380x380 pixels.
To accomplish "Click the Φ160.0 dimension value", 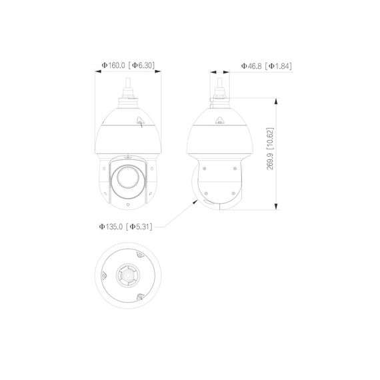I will pos(113,66).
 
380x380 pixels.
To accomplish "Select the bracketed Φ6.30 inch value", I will pos(142,66).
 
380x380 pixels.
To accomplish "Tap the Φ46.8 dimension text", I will pos(250,66).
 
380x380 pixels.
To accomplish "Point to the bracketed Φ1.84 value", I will pos(279,66).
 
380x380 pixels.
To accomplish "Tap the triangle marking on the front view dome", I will pos(140,122).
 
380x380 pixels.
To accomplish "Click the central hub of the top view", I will pos(127,276).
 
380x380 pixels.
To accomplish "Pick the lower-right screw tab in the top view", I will pos(140,297).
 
